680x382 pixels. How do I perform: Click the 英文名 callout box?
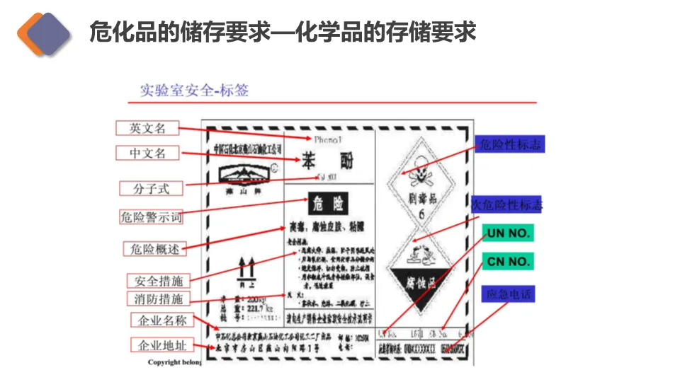[x=147, y=128]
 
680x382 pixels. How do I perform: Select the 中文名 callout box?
[x=147, y=153]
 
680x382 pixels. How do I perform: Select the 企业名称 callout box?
[x=162, y=320]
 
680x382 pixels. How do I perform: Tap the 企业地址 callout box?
[x=162, y=345]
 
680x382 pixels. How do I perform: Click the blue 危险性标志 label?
[x=510, y=145]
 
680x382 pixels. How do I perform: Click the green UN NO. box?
[x=508, y=233]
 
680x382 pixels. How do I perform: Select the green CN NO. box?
[x=508, y=262]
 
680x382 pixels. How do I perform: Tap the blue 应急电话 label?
[x=507, y=293]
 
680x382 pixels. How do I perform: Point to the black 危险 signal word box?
[x=327, y=204]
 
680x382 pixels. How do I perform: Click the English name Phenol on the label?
[x=327, y=139]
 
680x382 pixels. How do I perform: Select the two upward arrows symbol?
[x=246, y=268]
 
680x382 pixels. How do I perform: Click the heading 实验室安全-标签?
[x=194, y=91]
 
